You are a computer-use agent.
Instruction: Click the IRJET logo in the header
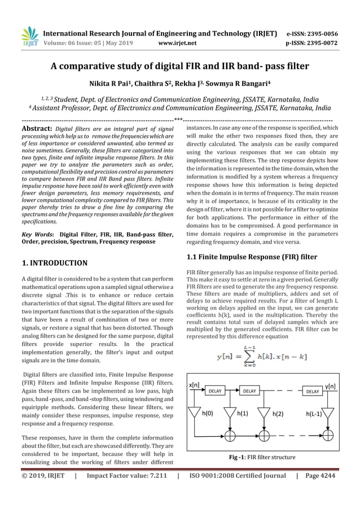(x=29, y=36)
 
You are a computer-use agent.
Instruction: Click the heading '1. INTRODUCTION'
(x=54, y=263)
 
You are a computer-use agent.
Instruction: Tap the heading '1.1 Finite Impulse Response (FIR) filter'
(x=252, y=257)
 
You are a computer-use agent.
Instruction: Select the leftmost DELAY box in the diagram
(x=215, y=390)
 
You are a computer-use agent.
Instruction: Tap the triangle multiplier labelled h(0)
(x=195, y=412)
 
